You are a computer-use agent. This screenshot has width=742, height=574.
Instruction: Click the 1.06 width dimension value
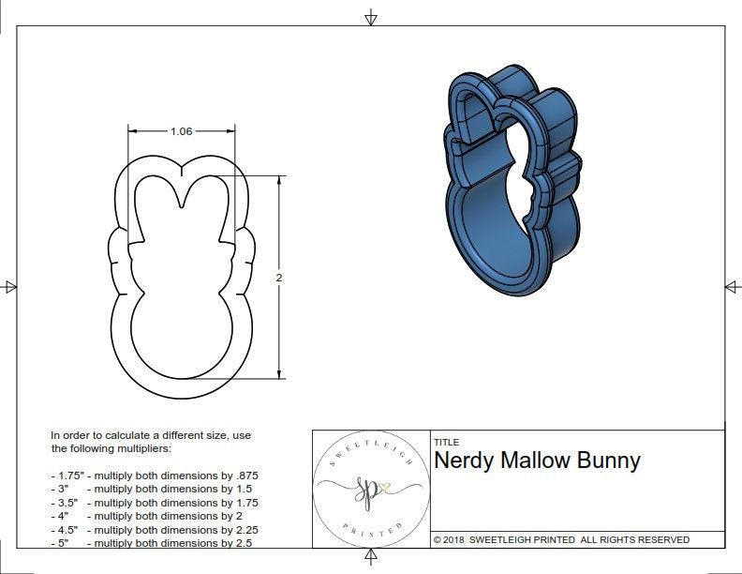coord(181,131)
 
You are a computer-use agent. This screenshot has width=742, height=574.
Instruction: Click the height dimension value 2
coord(279,278)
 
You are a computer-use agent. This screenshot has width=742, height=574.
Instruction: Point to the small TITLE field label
coord(445,442)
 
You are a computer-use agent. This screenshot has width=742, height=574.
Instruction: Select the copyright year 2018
coord(456,539)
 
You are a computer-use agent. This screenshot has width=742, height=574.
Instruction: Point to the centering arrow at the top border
coord(371,17)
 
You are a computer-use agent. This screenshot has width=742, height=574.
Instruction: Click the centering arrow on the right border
coord(732,287)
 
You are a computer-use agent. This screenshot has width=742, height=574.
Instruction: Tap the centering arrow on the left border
coord(10,287)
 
